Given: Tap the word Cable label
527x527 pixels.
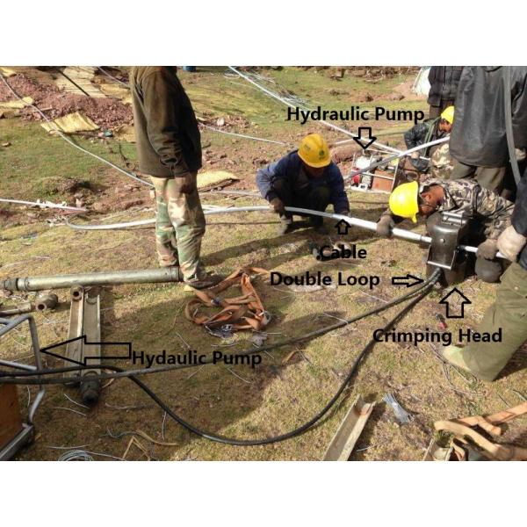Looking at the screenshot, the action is coord(343,252).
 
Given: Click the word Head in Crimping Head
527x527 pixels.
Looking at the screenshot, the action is coord(483,336).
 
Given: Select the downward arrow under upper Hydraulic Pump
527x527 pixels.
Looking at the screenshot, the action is coord(365,138).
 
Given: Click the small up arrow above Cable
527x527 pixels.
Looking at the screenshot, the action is coord(343,227).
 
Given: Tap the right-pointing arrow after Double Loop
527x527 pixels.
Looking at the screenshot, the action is coord(408,280).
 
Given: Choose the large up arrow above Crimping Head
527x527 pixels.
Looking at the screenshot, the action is coord(455,303).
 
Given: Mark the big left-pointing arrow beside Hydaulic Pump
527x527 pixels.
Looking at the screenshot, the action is coord(85,350).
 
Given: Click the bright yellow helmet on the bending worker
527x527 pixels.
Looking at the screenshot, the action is coord(404,200).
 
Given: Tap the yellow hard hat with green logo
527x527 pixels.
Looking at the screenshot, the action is coord(314,150).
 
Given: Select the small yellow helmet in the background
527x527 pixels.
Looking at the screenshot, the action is coord(448,114).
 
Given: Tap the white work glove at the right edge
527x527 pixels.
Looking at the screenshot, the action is coord(510,242).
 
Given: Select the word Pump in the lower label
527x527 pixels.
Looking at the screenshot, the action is coord(238,358).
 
